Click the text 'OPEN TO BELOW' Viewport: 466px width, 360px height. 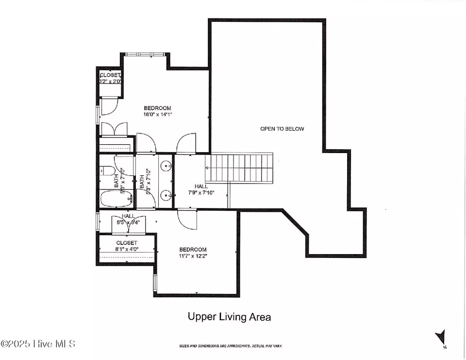coord(282,129)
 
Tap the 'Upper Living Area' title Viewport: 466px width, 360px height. coord(229,317)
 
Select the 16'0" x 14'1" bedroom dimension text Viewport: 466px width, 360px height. coord(158,115)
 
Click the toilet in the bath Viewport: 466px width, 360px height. coord(107,171)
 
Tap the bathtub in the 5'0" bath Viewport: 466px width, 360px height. coord(115,199)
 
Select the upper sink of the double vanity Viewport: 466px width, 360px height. coord(166,166)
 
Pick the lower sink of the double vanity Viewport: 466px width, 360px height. coord(166,196)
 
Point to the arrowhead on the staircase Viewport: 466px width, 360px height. coord(208,167)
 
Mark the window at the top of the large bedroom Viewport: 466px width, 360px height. coord(146,54)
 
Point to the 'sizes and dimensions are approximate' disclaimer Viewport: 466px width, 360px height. coord(230,346)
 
